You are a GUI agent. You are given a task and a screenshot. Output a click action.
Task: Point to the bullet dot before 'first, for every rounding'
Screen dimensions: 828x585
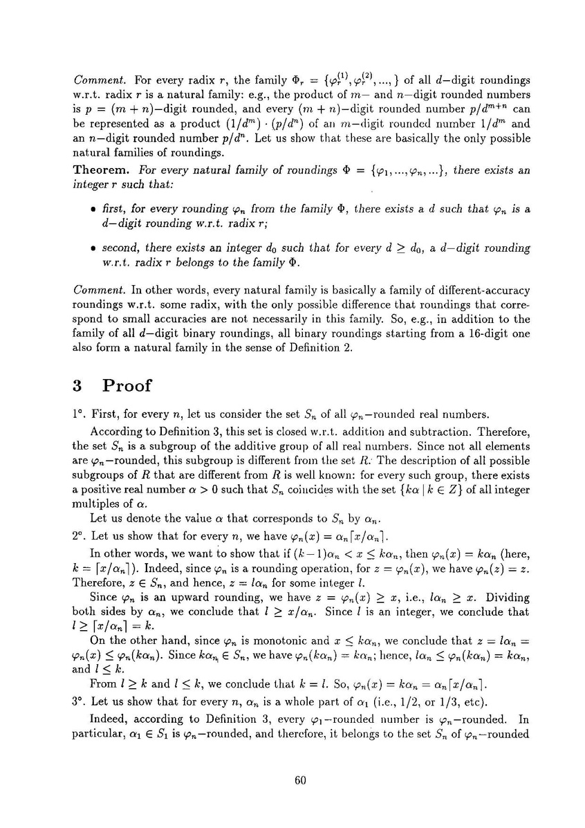point(92,190)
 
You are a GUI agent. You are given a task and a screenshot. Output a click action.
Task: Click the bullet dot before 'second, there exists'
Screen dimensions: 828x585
point(92,248)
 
